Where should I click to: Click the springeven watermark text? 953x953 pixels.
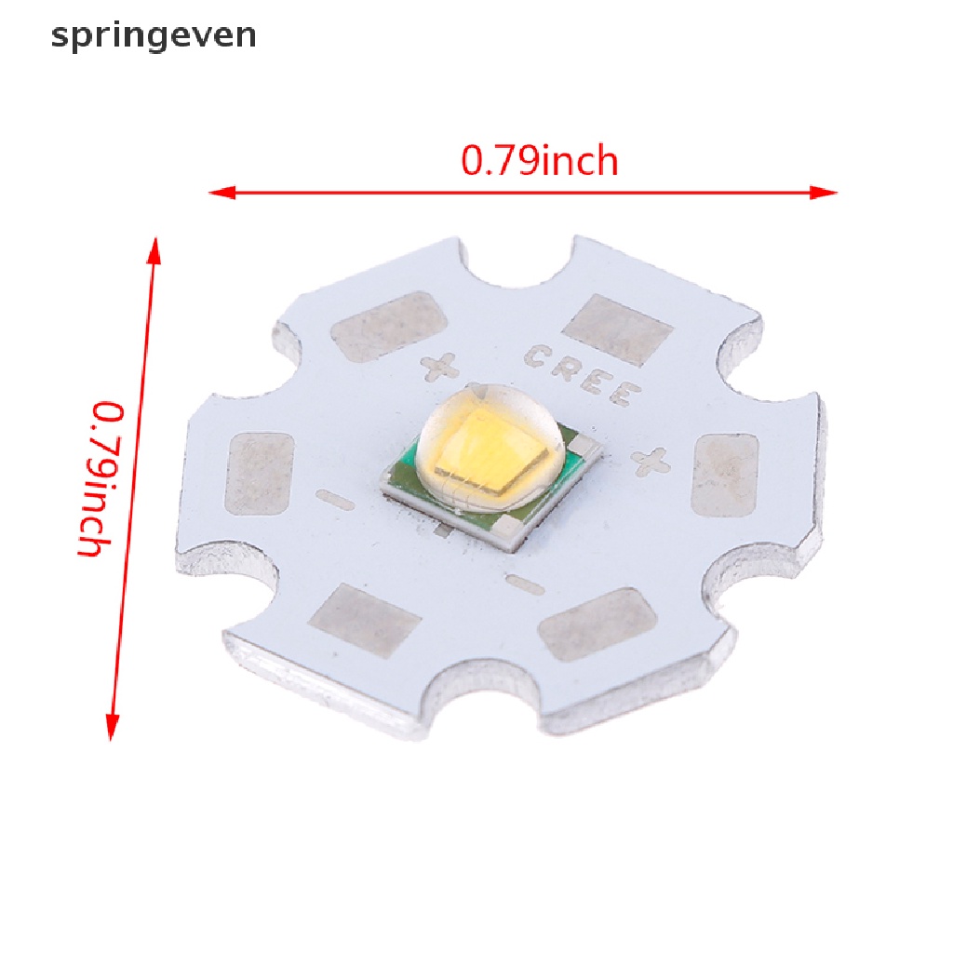point(154,35)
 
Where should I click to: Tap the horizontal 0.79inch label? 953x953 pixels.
point(540,162)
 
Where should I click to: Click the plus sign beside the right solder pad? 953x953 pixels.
point(651,460)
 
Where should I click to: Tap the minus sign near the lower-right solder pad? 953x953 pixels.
point(527,584)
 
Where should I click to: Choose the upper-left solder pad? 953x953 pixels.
point(389,326)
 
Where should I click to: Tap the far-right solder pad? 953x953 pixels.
point(726,475)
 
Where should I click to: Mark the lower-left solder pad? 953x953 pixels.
point(365,620)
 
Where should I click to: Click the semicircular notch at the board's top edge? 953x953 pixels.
point(517,265)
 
